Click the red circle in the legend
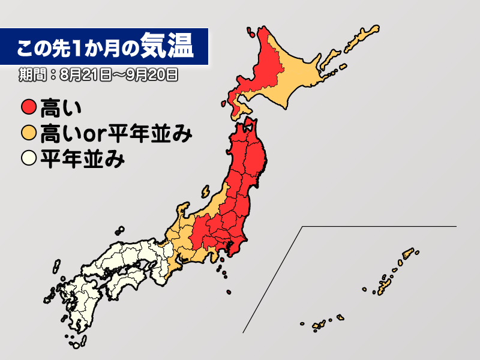29,109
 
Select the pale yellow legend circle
29,160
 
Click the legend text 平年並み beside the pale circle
82,160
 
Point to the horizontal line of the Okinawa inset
378,226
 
